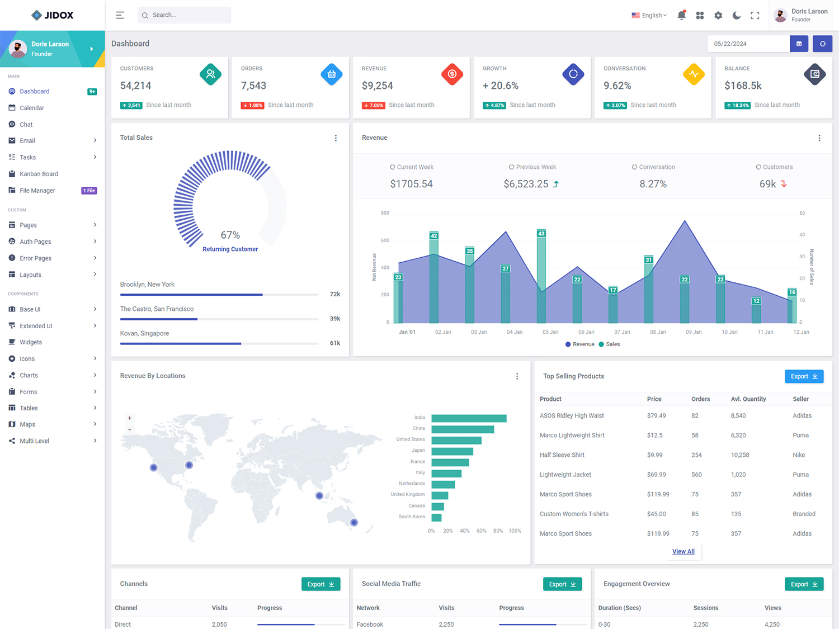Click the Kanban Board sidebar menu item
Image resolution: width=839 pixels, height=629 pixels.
click(x=39, y=174)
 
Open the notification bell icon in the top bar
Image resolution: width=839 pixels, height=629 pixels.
click(x=681, y=16)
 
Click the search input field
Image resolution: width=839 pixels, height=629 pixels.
click(x=185, y=15)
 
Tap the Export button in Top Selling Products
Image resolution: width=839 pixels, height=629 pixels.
click(x=804, y=376)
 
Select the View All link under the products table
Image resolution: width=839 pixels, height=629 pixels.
click(x=683, y=551)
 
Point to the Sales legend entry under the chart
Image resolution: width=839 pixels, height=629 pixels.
click(x=610, y=344)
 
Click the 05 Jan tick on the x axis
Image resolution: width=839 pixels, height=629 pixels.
click(x=550, y=332)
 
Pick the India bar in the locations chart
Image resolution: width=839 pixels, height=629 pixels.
click(x=469, y=418)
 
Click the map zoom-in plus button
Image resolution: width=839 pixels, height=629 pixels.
click(x=130, y=418)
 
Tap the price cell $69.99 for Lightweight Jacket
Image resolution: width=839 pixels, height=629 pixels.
click(x=656, y=475)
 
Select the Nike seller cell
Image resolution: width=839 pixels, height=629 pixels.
click(x=799, y=455)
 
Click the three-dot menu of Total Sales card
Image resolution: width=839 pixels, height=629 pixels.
click(x=336, y=138)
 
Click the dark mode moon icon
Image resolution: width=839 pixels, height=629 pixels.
click(x=737, y=16)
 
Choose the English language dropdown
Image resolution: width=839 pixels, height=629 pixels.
click(x=649, y=16)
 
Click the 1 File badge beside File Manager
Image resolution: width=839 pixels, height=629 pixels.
click(x=89, y=191)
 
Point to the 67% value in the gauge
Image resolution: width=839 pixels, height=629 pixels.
click(x=230, y=235)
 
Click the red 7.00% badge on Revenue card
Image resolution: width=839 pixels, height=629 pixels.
click(x=374, y=105)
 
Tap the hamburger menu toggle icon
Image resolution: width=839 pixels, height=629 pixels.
click(x=120, y=15)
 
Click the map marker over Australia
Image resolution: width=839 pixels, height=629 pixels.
click(x=354, y=522)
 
